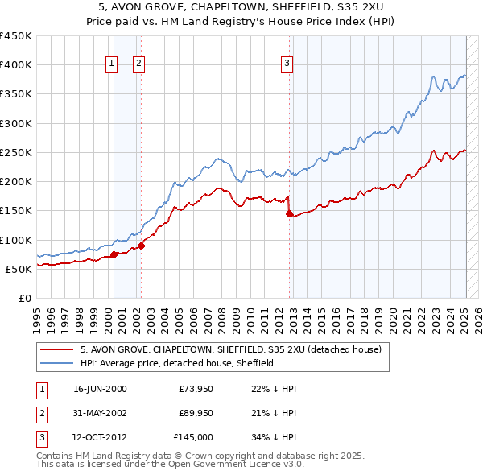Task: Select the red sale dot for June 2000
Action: coord(114,254)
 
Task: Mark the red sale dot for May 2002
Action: coord(141,246)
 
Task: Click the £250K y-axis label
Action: coord(16,152)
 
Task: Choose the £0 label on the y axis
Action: coord(24,298)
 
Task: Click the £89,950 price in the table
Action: coord(194,413)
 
